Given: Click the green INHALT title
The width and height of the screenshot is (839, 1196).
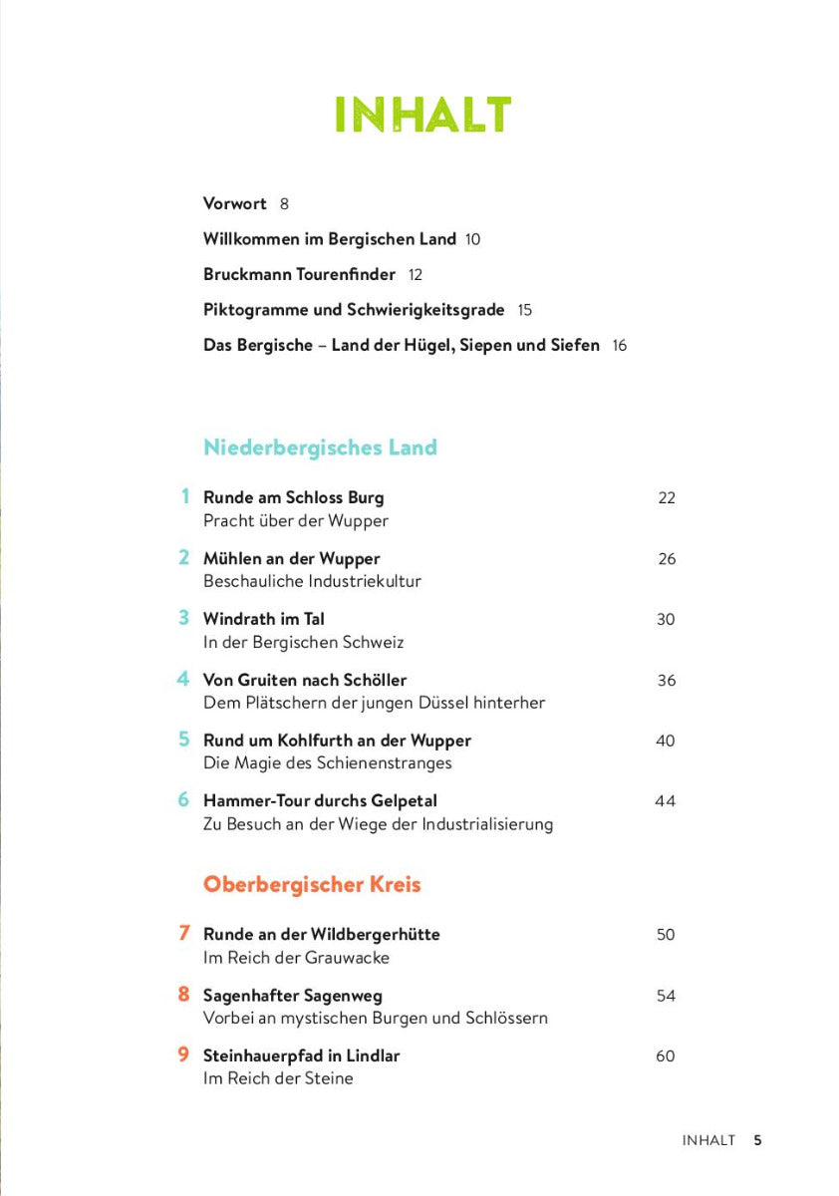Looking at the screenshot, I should (x=422, y=116).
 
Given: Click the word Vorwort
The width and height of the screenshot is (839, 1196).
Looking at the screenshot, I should (x=235, y=204).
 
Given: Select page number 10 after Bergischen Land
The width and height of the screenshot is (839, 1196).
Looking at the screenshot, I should (x=473, y=240).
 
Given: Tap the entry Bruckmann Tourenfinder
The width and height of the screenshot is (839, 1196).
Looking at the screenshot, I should (x=299, y=274).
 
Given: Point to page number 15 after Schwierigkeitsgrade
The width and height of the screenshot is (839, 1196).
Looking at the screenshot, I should (x=525, y=310).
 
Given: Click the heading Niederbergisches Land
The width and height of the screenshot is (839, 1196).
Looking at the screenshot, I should (x=320, y=448).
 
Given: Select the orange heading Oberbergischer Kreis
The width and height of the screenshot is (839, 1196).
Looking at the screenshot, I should (x=312, y=885).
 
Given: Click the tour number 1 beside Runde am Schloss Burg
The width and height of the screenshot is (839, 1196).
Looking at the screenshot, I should (x=184, y=496).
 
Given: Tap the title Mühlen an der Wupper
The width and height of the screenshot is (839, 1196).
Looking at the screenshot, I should (x=291, y=558).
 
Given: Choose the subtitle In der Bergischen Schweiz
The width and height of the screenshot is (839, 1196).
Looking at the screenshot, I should (x=303, y=643).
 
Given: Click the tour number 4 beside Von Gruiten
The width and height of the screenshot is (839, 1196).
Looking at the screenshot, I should (x=183, y=679).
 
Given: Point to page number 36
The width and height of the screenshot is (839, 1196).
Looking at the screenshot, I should (x=666, y=681).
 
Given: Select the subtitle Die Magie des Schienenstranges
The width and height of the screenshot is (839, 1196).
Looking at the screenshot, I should (x=327, y=763).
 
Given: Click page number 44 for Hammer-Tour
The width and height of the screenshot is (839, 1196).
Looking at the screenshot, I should (x=665, y=801).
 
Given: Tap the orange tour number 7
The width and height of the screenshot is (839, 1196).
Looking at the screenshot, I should (x=183, y=934).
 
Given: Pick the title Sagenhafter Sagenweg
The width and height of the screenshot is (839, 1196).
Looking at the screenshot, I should (x=292, y=996).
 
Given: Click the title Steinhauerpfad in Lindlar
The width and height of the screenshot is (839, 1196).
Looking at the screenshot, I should (x=301, y=1055).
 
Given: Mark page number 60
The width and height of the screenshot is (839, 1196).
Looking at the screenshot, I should (x=665, y=1056).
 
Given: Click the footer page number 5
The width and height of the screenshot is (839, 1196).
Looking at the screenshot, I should (x=757, y=1140).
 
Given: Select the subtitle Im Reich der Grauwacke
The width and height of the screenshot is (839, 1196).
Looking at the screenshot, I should (x=296, y=958).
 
